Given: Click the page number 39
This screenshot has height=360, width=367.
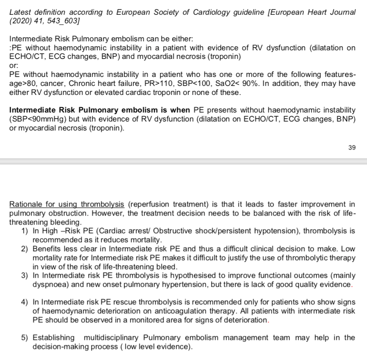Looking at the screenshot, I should tap(352, 148).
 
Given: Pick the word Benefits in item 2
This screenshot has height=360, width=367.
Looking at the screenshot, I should tap(46, 249).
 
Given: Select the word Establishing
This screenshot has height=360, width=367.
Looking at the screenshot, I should tap(54, 337).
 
